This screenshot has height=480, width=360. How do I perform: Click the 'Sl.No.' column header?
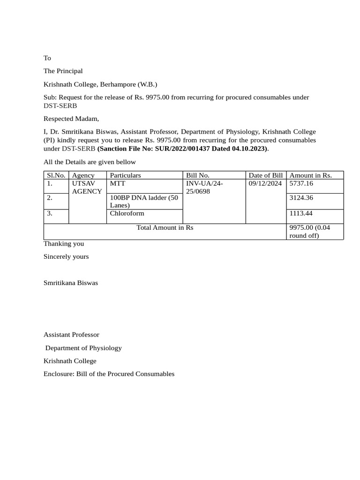(55, 175)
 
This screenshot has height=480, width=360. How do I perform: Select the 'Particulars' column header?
(125, 175)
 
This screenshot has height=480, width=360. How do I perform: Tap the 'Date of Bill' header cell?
(265, 175)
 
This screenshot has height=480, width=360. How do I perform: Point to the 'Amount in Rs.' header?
(310, 175)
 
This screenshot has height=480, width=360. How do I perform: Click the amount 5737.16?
(301, 184)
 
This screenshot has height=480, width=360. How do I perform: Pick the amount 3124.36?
(301, 198)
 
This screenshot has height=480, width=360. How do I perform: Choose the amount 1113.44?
(301, 213)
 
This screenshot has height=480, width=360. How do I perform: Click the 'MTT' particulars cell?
(115, 184)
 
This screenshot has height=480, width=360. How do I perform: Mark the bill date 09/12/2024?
(265, 184)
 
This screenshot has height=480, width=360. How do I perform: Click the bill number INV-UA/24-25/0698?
(204, 187)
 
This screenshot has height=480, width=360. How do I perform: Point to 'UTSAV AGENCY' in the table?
(87, 187)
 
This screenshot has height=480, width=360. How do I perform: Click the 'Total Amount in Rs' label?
(165, 227)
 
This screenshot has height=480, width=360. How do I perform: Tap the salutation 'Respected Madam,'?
(71, 119)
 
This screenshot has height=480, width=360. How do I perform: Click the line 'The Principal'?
(63, 71)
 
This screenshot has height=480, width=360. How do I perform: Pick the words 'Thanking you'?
(64, 244)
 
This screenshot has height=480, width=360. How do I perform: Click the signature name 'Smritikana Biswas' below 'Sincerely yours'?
(71, 283)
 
